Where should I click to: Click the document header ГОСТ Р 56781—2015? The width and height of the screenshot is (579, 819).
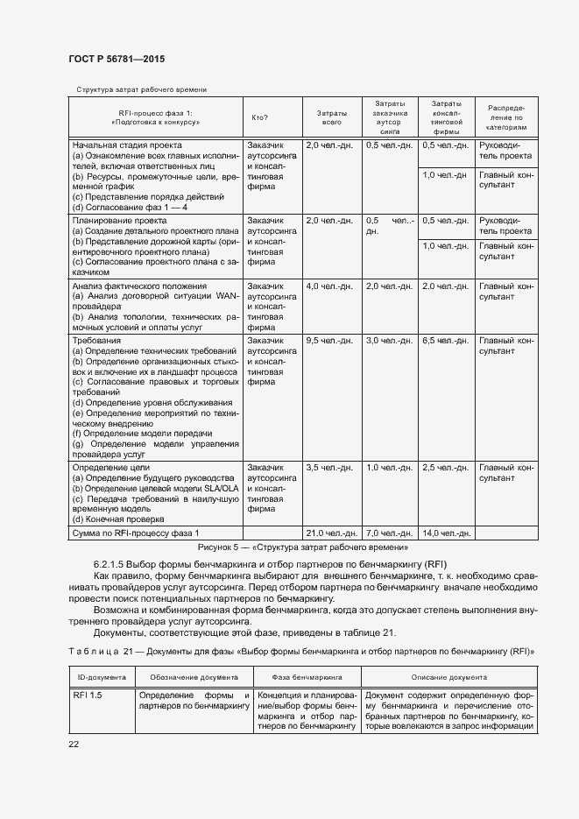117,58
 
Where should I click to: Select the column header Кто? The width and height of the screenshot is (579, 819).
259,118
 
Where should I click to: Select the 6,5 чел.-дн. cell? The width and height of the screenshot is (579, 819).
446,340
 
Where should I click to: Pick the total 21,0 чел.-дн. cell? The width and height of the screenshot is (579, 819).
330,533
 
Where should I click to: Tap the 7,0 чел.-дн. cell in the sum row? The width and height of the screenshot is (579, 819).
388,533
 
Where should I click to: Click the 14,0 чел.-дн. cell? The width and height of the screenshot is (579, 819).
446,533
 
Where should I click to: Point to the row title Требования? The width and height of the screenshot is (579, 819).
97,340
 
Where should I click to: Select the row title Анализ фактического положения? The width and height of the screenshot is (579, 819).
139,286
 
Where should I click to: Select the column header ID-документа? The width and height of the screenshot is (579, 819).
101,677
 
